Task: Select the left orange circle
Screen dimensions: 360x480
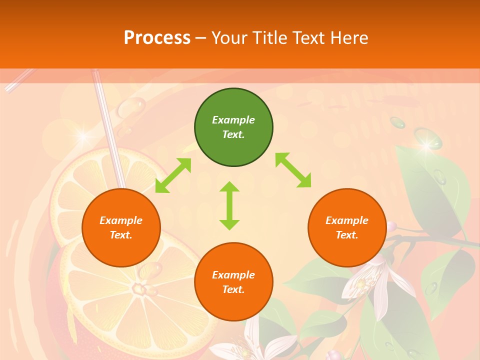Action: point(121,227)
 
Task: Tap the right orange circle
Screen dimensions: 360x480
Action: point(347,227)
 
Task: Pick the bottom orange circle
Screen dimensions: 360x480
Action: point(233,281)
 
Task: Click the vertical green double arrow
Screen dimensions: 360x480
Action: point(229,205)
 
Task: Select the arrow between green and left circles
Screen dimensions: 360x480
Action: point(173,175)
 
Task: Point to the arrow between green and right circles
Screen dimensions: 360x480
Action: point(293,170)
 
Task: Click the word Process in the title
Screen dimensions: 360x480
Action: point(157,37)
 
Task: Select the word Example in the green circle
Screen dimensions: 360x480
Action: point(233,120)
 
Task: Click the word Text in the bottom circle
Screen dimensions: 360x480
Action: point(232,289)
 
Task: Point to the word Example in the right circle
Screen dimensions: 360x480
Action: point(347,220)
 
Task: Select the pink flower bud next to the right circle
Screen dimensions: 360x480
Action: point(391,226)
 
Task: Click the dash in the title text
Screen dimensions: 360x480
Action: point(201,38)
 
